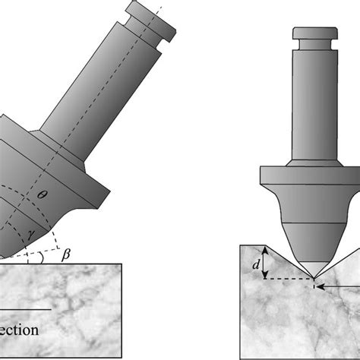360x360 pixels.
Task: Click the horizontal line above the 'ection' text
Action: (x=27, y=309)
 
